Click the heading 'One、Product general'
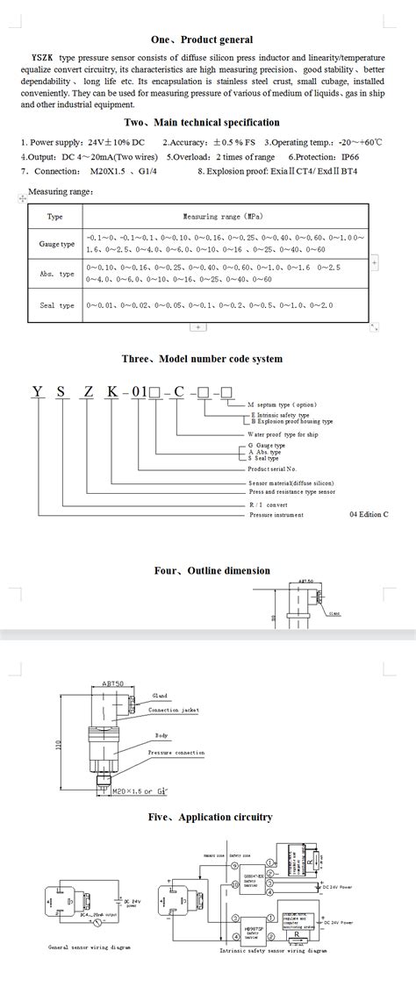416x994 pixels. point(202,39)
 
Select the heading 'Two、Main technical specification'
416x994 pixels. point(202,123)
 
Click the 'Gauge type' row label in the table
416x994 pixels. point(57,244)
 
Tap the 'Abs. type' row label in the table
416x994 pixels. point(57,274)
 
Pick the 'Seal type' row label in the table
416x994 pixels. point(57,305)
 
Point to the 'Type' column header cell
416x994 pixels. point(55,216)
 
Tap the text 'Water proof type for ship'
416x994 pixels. point(283,434)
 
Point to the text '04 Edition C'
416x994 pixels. point(368,514)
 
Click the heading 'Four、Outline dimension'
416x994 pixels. point(212,570)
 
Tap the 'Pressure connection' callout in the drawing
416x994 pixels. point(176,753)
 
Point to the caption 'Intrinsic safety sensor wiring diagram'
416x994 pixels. point(273,950)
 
